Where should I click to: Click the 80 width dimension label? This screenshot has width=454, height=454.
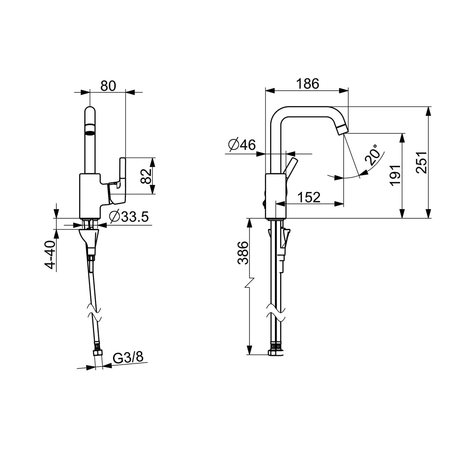[108, 86]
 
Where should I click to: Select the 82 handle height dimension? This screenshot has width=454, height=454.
[146, 176]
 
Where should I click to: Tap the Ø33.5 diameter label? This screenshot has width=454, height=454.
[129, 217]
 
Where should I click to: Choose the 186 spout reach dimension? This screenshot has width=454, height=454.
[307, 84]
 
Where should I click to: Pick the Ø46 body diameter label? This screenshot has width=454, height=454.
[242, 145]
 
